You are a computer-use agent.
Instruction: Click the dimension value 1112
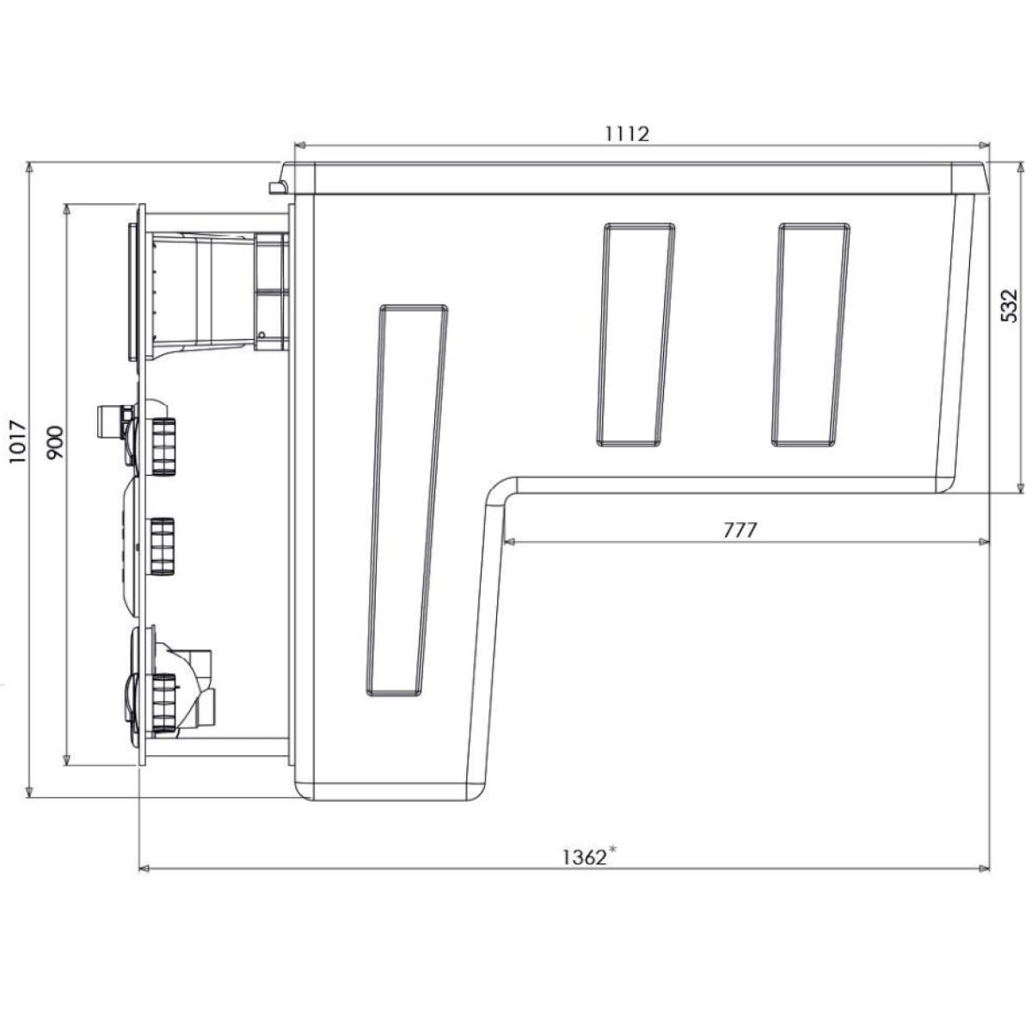(627, 133)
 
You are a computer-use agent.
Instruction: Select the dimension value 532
(1009, 306)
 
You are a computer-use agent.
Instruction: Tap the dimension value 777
(740, 531)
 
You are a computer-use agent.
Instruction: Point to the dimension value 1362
(584, 857)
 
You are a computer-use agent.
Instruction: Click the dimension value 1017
(18, 443)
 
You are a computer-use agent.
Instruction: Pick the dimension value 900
(55, 442)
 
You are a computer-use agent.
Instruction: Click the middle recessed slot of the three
(636, 335)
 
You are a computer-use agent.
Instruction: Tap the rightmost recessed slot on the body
(811, 335)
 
